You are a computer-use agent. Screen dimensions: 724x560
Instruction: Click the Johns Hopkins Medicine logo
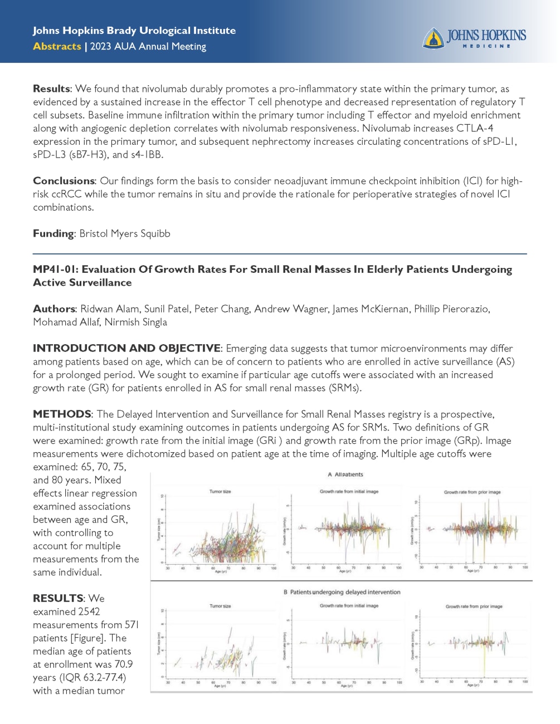[x=474, y=38]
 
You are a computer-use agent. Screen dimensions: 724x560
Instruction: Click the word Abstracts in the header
[x=57, y=46]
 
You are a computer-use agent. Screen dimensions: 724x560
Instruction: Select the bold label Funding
[x=53, y=233]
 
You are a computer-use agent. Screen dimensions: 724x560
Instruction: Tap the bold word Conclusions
[x=64, y=181]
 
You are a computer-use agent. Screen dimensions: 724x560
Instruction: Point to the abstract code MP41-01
[x=55, y=270]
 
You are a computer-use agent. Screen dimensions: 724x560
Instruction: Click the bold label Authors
[x=54, y=309]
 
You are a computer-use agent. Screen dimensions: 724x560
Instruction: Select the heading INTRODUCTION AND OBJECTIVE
[x=126, y=349]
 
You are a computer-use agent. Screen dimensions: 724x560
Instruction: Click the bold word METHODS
[x=62, y=414]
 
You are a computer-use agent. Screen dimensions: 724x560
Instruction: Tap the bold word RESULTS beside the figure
[x=58, y=599]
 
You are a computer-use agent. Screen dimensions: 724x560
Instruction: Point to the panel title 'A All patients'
[x=345, y=474]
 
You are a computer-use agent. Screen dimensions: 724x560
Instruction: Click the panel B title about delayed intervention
[x=342, y=592]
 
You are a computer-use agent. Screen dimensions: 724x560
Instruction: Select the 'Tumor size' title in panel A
[x=220, y=492]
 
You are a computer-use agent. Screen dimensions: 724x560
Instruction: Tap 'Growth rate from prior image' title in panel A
[x=472, y=492]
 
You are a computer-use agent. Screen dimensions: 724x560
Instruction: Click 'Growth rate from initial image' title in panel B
[x=349, y=605]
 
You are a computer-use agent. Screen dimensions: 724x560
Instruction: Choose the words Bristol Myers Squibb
[x=125, y=233]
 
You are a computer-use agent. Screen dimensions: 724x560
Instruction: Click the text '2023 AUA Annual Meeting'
[x=148, y=46]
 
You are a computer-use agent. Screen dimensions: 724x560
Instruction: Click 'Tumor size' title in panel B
[x=220, y=606]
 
